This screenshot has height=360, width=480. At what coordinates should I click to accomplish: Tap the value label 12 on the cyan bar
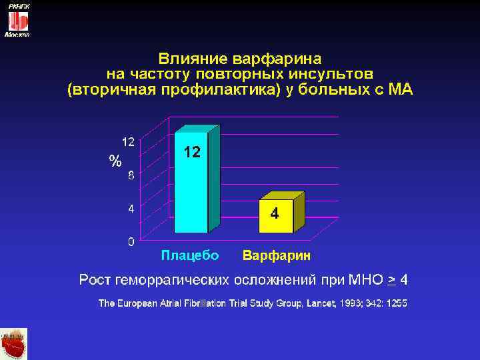coord(191,153)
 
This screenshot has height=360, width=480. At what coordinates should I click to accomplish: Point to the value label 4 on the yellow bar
coord(275,214)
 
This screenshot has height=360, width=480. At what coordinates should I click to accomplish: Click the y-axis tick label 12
coord(127,141)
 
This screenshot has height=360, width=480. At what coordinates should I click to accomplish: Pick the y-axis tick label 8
coord(131,176)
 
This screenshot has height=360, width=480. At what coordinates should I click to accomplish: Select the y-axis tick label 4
coord(131,208)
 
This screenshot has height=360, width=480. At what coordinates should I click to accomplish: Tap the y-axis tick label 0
coord(131,240)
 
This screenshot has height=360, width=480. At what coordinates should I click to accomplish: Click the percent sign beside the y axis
coord(115,161)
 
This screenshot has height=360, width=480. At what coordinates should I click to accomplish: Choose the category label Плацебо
coord(190,255)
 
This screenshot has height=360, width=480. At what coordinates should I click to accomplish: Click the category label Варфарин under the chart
coord(276,255)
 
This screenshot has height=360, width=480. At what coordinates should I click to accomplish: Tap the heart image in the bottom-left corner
coord(14,344)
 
